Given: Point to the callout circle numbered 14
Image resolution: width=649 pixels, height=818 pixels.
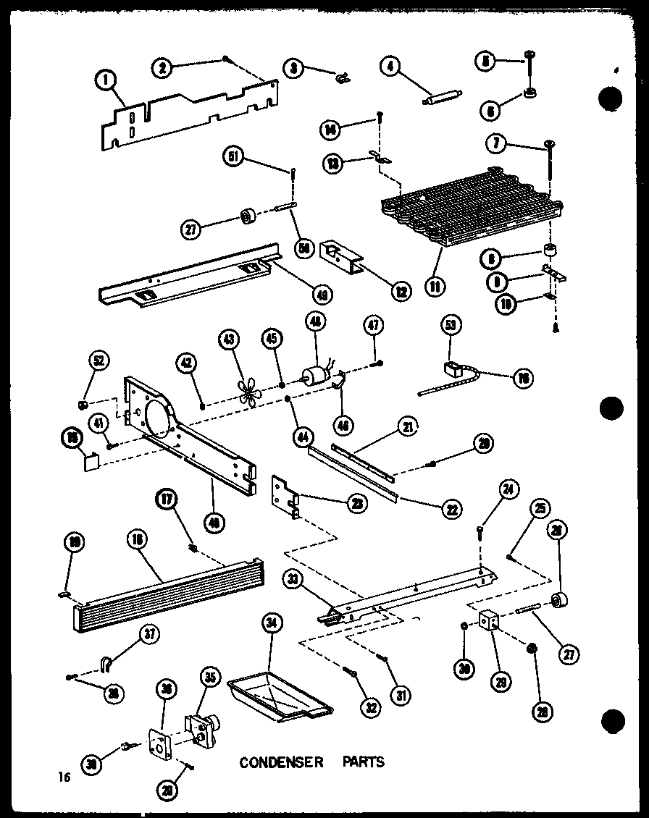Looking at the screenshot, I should click(331, 130).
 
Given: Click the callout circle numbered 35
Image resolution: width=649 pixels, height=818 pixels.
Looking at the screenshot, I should click(210, 679).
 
